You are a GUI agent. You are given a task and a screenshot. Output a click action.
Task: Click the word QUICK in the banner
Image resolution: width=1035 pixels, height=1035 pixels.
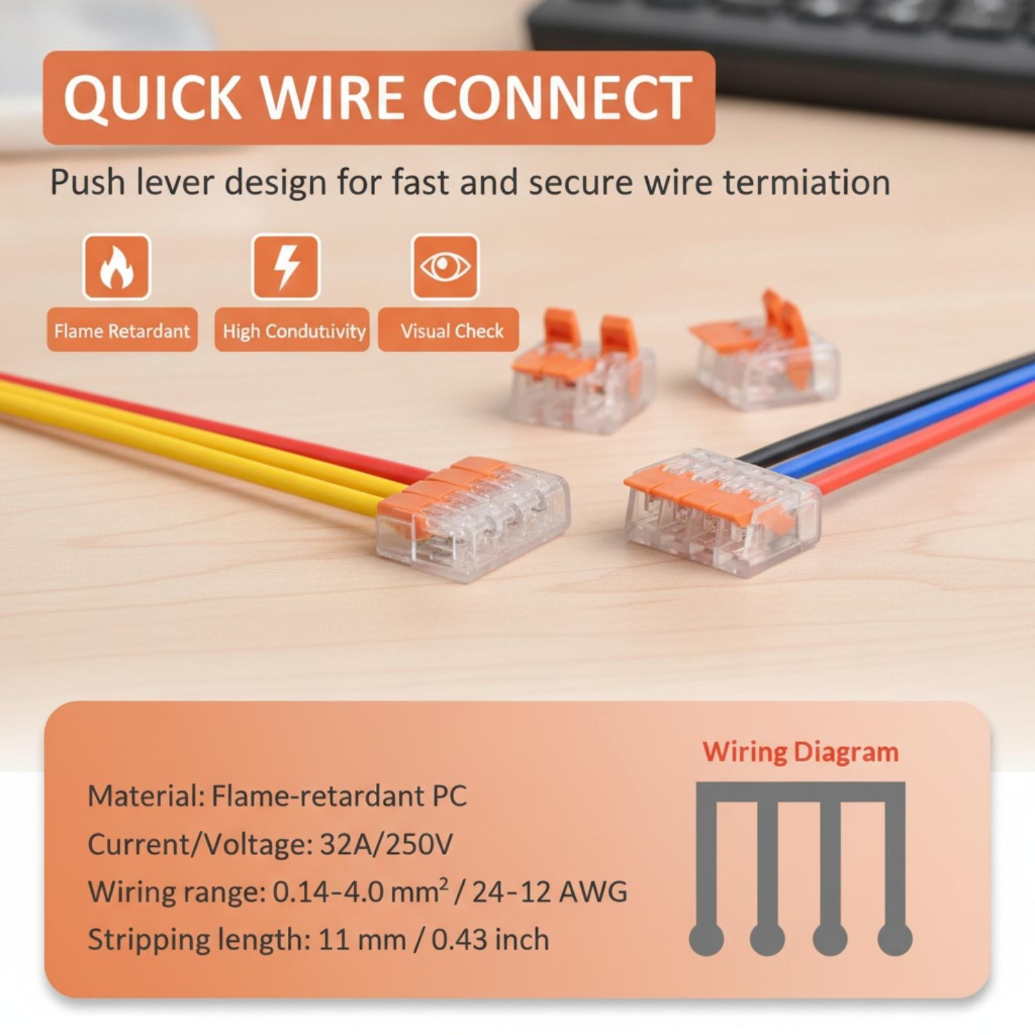click(153, 98)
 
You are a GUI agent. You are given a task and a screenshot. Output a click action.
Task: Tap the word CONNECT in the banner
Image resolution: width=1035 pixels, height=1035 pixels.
click(557, 98)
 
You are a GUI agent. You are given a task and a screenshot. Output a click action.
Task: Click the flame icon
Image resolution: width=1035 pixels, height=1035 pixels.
click(116, 267)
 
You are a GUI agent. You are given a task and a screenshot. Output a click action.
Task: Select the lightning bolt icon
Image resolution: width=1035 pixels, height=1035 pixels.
click(285, 267)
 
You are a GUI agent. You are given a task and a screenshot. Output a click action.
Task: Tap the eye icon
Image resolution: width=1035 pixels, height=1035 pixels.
click(445, 267)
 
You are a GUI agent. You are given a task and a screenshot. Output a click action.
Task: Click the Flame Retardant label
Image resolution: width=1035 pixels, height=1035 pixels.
click(122, 331)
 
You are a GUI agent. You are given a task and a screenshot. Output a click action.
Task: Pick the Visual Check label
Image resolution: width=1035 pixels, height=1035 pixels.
click(452, 331)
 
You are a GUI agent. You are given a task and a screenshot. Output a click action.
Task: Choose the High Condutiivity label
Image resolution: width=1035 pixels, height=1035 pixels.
click(294, 331)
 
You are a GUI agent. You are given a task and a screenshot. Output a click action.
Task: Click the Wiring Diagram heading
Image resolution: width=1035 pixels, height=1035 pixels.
click(801, 752)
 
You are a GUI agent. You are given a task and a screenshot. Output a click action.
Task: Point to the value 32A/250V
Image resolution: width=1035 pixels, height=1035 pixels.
click(386, 844)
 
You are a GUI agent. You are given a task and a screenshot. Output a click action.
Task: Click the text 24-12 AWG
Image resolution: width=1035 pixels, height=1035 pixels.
click(549, 892)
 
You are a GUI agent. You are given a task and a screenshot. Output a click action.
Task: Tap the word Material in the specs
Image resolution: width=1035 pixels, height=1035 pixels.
click(142, 796)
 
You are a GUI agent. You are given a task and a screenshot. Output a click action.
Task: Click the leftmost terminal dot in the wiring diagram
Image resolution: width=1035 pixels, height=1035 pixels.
click(706, 938)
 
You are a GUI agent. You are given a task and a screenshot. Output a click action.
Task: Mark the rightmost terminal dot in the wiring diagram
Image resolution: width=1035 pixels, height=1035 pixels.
click(895, 938)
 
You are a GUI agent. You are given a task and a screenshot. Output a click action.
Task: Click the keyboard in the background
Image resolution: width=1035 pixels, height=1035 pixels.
click(783, 52)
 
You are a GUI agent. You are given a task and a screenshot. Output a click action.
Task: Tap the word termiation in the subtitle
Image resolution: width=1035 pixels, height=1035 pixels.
click(806, 182)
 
